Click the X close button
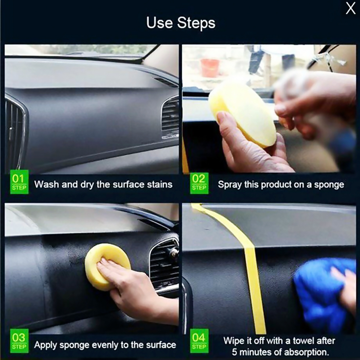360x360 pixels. [350, 8]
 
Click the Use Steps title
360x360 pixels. [180, 23]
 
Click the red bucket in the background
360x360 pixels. [210, 68]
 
